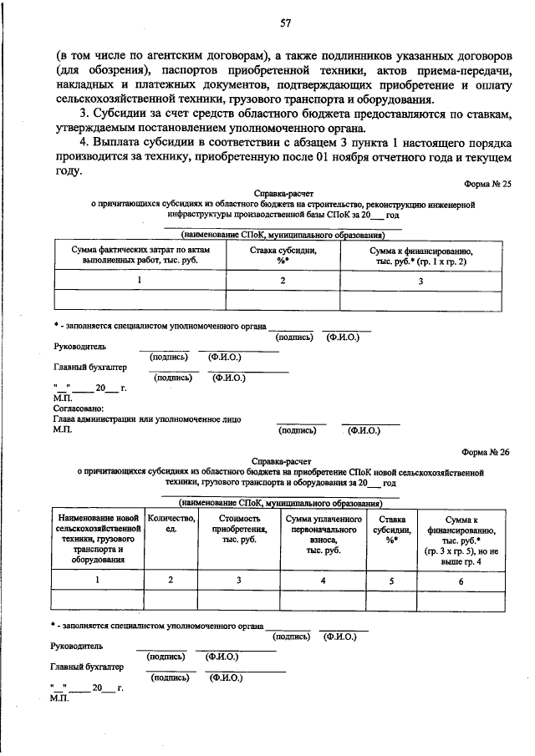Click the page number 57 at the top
284,22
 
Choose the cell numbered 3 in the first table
420,281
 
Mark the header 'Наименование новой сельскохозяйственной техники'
97,540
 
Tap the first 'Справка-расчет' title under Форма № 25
283,192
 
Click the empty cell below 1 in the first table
139,300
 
